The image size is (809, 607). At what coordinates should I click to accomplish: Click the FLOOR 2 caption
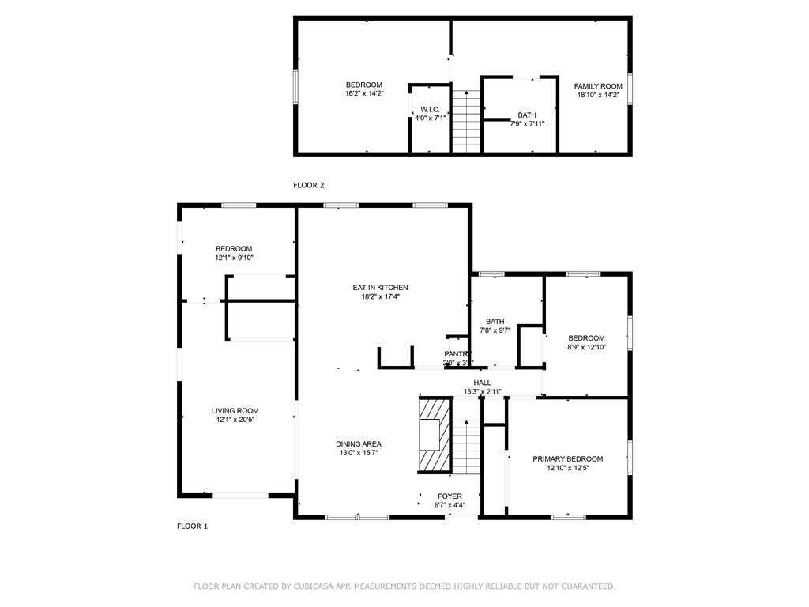tap(309, 186)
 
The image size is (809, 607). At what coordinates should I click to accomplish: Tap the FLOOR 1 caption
tap(192, 526)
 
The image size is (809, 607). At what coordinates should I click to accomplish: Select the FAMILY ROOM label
tap(597, 86)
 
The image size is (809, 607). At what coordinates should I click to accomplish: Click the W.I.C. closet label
tap(430, 110)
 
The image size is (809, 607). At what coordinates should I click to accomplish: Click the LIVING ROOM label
tap(235, 411)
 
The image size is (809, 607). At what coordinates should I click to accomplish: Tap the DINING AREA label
tap(359, 444)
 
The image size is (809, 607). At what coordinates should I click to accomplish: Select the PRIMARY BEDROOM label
tap(567, 459)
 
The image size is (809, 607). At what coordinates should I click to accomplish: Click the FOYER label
tap(450, 496)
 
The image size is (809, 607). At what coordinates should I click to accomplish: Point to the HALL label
tap(482, 383)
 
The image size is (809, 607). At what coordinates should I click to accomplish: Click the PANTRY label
tap(457, 354)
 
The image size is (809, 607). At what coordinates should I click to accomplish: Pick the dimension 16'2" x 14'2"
tap(363, 94)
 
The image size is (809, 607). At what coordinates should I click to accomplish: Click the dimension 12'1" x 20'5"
tap(235, 420)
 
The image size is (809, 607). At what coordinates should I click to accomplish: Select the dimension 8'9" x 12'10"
tap(586, 347)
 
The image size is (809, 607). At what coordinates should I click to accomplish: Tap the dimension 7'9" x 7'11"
tap(526, 124)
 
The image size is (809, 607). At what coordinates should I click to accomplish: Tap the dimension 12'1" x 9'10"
tap(234, 258)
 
